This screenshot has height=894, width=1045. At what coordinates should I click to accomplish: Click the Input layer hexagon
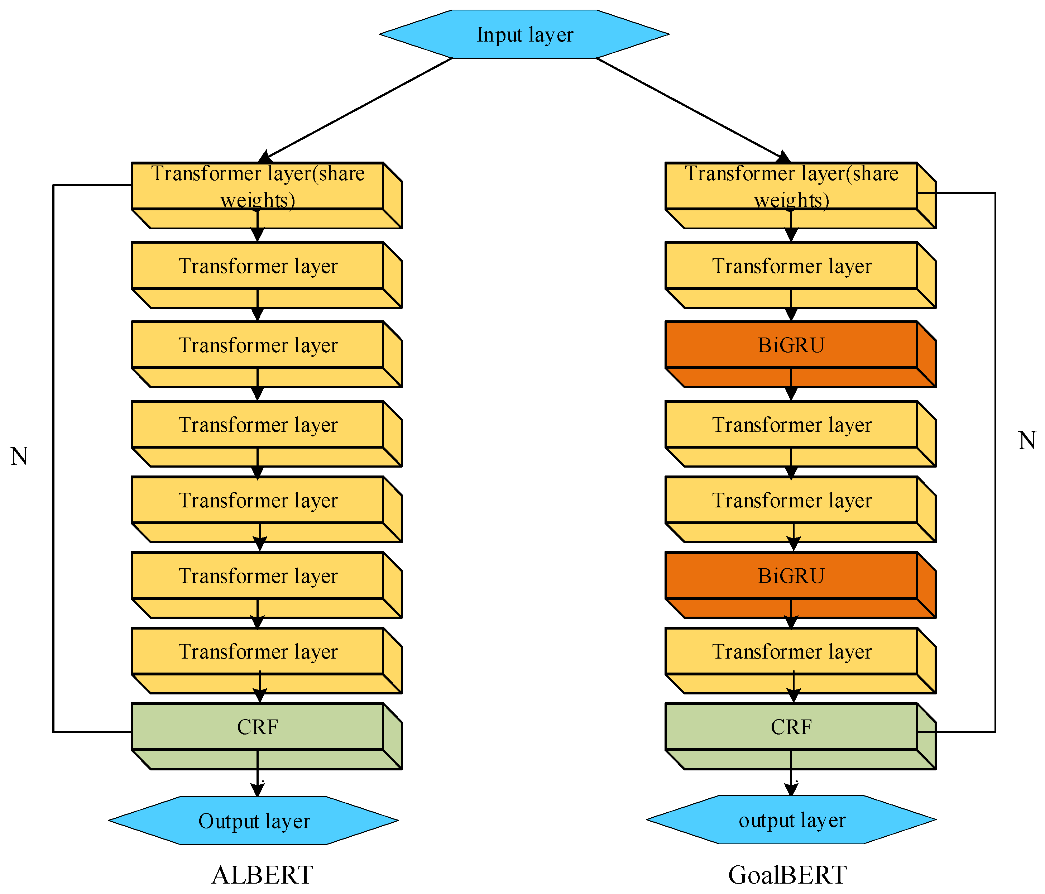point(524,34)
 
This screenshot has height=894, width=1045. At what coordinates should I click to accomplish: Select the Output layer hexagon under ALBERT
point(254,821)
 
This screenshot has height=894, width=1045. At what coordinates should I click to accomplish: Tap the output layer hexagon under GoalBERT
point(791,820)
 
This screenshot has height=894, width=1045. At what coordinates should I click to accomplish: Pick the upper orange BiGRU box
point(791,345)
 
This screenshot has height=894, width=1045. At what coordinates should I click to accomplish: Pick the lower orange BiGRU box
point(791,576)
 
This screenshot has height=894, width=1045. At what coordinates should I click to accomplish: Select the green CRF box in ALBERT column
point(257,727)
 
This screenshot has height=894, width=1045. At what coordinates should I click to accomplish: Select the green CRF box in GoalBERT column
point(791,727)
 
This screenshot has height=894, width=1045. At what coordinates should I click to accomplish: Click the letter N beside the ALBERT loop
point(19,456)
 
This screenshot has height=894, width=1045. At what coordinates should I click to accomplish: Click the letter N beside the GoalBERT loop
point(1026,440)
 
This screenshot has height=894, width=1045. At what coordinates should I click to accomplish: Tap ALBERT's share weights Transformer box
point(257,186)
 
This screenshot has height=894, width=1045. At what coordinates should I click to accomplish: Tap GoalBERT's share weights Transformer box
point(791,186)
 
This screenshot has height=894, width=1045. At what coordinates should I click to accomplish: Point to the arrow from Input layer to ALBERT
point(358,109)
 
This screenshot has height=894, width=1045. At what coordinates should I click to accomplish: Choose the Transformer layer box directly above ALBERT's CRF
point(257,651)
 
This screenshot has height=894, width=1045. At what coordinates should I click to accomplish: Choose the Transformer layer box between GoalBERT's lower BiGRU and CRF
point(791,651)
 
